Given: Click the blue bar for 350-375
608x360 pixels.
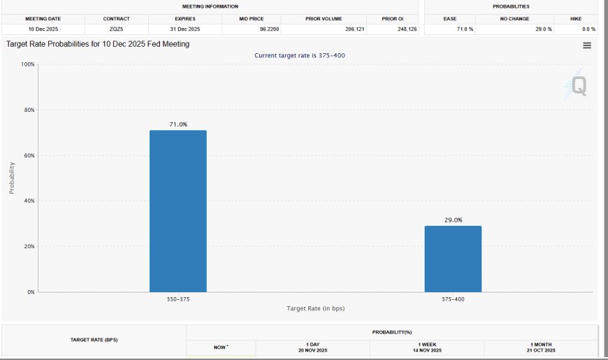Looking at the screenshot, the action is click(x=178, y=211).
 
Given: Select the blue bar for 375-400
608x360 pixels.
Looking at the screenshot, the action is click(x=453, y=259).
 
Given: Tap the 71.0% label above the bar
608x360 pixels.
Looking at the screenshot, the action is click(x=178, y=124).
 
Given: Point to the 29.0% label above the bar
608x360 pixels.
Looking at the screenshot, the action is click(x=454, y=220).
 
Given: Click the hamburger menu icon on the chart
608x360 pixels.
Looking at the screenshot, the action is click(x=587, y=45).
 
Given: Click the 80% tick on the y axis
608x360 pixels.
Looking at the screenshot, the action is click(x=29, y=110).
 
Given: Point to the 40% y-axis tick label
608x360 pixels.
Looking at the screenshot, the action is click(x=29, y=201).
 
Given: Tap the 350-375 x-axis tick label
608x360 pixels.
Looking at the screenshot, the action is click(x=178, y=299).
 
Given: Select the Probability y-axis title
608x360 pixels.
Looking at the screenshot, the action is click(x=12, y=178).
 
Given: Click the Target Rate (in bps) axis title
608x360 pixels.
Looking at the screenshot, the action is click(x=316, y=308).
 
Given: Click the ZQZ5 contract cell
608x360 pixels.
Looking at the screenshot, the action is click(x=116, y=29).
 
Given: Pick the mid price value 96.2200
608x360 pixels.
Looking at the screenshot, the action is click(x=270, y=29).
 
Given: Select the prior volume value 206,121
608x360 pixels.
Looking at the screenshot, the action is click(x=355, y=29).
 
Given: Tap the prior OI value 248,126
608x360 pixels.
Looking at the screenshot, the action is click(x=407, y=29).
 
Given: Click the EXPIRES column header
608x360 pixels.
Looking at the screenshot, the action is click(x=185, y=19).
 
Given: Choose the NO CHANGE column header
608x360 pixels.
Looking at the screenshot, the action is click(x=514, y=19).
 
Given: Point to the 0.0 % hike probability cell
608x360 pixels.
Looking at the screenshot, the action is click(x=588, y=29).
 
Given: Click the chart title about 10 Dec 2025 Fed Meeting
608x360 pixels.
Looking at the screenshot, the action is click(x=98, y=44).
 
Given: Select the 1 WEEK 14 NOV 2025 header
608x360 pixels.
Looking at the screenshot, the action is click(x=427, y=347).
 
